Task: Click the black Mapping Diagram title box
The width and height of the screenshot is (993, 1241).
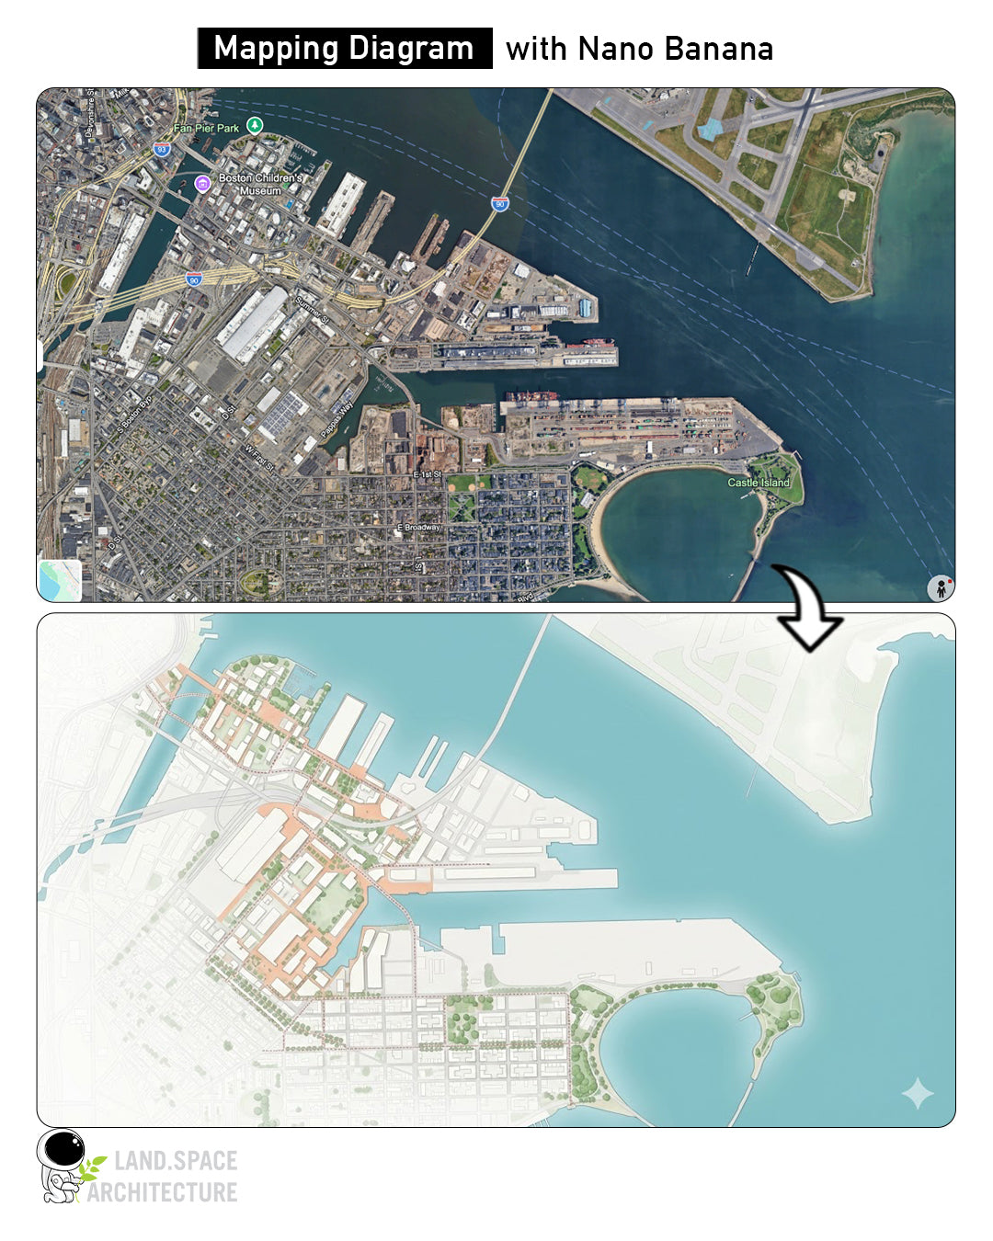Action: [344, 48]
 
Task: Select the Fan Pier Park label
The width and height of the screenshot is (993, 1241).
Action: [206, 128]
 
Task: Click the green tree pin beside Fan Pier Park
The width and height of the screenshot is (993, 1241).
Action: [256, 125]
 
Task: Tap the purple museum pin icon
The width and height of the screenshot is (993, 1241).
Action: [203, 183]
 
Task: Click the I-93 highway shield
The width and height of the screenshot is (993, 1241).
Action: [161, 149]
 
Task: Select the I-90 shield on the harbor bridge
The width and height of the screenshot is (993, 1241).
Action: [500, 203]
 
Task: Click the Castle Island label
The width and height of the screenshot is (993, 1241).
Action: [759, 482]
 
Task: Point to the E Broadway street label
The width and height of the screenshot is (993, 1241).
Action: [419, 528]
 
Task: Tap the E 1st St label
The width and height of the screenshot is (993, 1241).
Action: [428, 473]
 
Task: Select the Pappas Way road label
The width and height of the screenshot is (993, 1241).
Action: [337, 419]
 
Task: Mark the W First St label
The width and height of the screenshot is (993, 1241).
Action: [259, 457]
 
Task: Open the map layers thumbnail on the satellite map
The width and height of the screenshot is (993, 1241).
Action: [60, 580]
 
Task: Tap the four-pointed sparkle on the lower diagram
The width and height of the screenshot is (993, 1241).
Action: [918, 1093]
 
